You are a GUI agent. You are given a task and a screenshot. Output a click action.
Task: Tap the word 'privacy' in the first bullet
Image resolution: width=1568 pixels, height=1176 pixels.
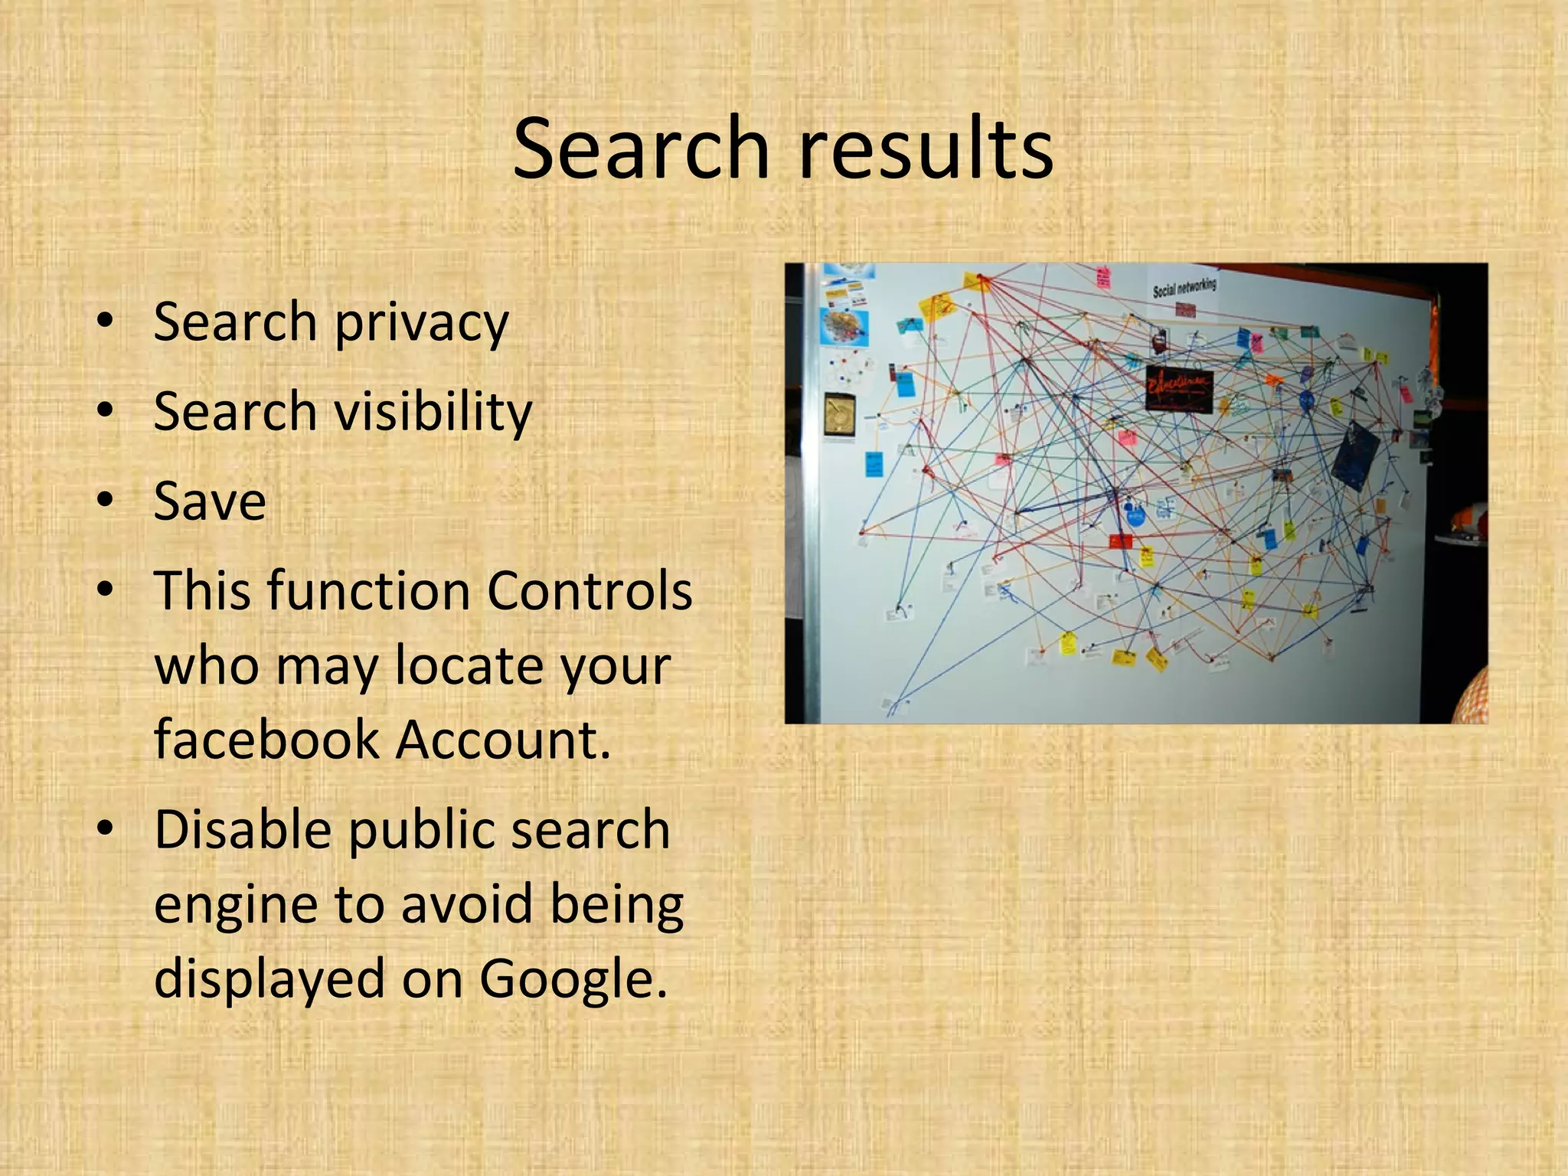(421, 323)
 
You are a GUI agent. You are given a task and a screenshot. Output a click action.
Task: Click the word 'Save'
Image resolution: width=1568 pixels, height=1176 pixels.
(210, 501)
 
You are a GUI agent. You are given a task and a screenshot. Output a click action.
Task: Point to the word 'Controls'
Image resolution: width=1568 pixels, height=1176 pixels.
(590, 591)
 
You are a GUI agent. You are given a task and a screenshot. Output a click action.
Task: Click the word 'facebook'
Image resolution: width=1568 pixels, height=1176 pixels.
(266, 740)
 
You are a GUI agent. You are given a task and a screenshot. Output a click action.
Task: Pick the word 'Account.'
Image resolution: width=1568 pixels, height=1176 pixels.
(504, 740)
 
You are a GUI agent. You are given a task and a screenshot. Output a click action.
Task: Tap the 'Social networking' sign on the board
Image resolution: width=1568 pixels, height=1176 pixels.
(1184, 288)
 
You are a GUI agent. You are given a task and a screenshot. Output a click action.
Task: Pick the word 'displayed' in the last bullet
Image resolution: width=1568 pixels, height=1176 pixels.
(269, 979)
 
